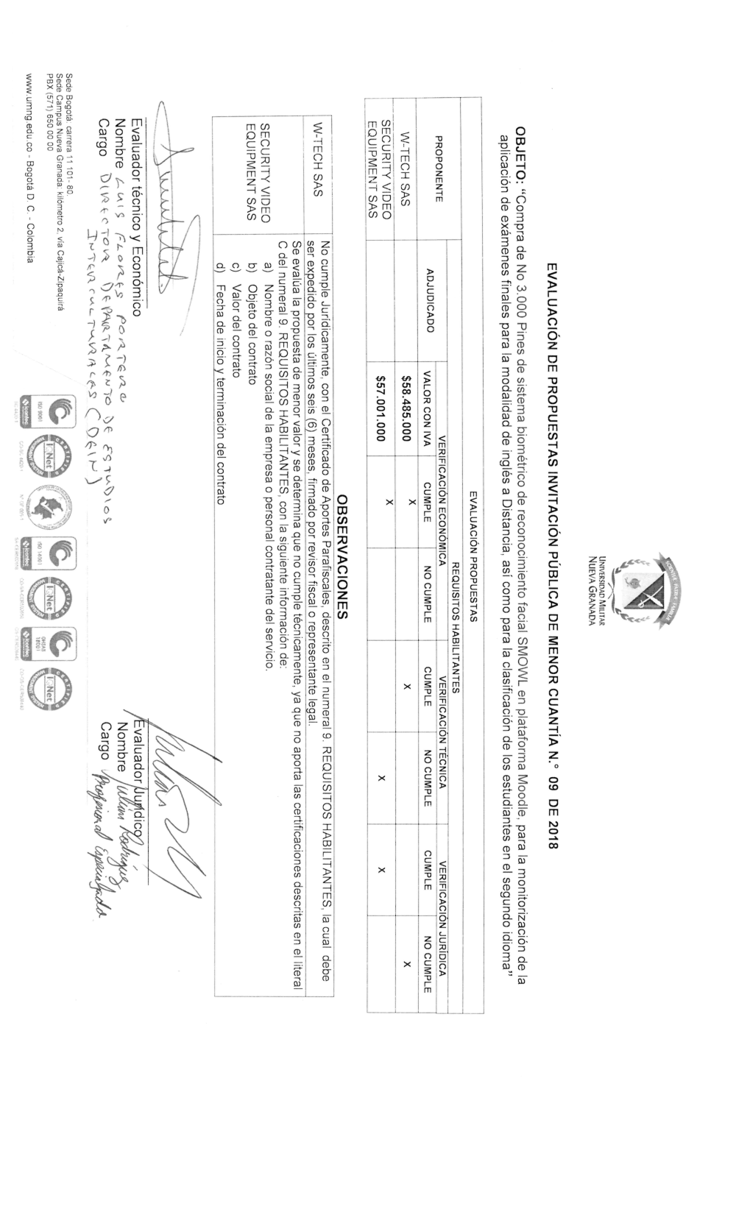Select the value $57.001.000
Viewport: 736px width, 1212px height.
click(380, 406)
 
